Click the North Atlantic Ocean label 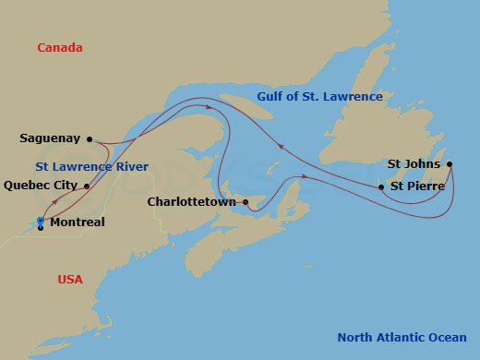click(x=402, y=337)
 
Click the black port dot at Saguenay click(x=90, y=139)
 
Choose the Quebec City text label click(x=42, y=185)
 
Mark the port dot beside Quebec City click(x=87, y=186)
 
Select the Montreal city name click(x=77, y=222)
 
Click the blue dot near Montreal click(x=41, y=220)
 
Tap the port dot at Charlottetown click(x=245, y=201)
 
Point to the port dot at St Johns click(x=450, y=165)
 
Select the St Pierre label click(x=418, y=186)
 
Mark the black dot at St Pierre click(x=381, y=187)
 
